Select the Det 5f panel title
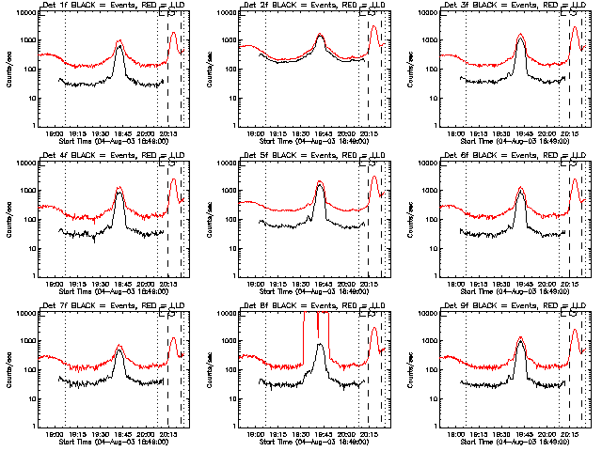(312, 154)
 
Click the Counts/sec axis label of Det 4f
(9, 218)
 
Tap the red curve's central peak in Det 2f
(320, 35)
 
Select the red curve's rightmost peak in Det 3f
(573, 27)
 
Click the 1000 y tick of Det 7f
(28, 341)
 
